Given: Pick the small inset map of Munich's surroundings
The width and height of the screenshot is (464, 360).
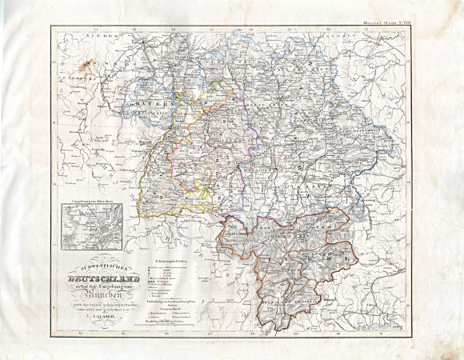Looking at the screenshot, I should click(90, 225).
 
